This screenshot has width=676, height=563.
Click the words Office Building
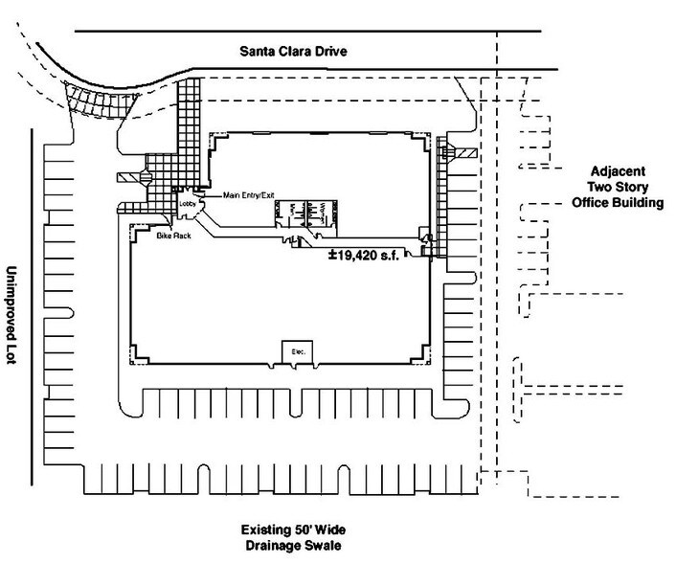(622, 205)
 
